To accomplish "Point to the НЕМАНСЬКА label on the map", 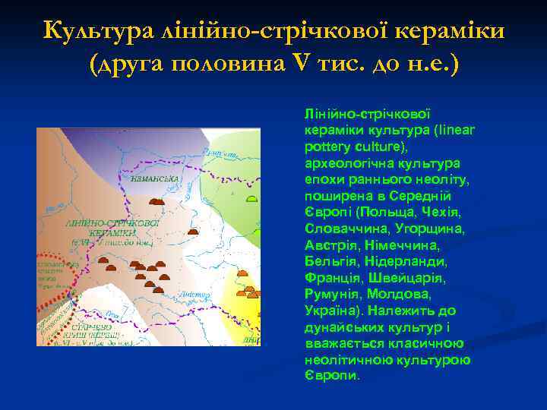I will (x=154, y=179).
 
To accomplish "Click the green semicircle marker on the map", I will (x=251, y=199).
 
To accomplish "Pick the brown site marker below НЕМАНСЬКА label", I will (x=157, y=202).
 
